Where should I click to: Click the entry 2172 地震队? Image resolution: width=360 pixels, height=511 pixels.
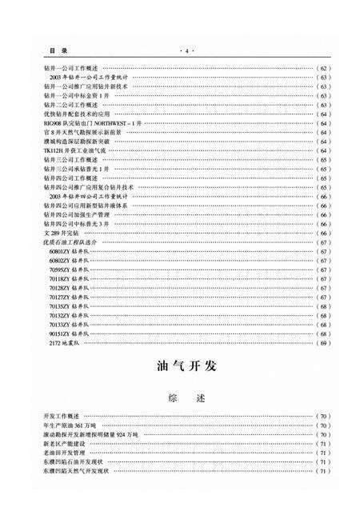66,343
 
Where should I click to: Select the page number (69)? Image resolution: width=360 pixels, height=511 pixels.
323,344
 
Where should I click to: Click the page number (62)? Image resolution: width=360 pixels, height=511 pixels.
323,69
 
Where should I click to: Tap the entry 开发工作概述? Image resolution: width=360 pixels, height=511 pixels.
61,417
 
